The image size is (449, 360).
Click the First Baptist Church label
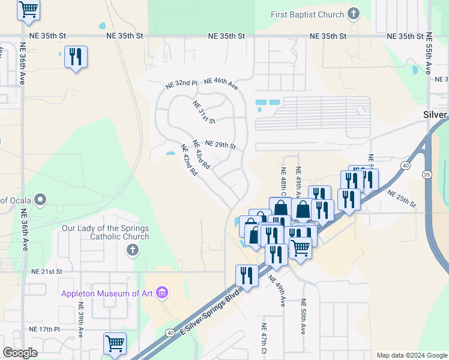point(307,14)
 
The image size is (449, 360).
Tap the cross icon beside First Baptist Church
point(354,14)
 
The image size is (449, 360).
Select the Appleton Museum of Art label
point(107,293)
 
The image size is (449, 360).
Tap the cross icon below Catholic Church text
point(132,249)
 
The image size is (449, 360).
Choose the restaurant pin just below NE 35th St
point(76,57)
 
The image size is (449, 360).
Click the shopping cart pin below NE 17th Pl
point(114,344)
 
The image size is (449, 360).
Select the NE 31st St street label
point(204,112)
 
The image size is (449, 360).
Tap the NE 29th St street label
point(220,145)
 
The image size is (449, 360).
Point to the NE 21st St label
point(47,272)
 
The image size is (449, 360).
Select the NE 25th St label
point(402,199)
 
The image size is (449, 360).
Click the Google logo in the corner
point(20,353)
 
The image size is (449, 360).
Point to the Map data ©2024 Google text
point(411,355)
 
